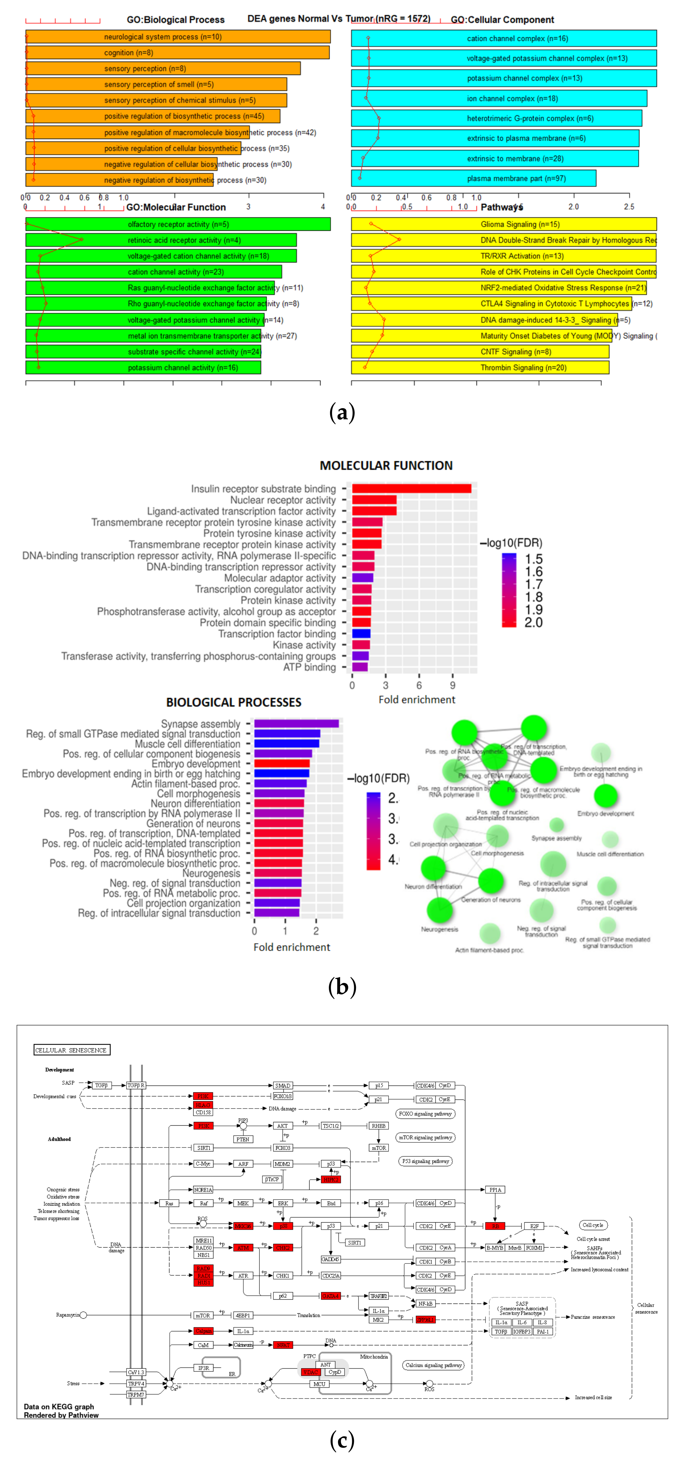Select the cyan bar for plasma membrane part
click(x=473, y=179)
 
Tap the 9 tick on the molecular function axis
click(x=452, y=685)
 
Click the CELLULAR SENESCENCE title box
click(x=71, y=1050)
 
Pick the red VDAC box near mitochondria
click(x=310, y=1372)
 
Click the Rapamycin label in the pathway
click(x=67, y=1315)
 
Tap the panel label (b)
click(x=342, y=987)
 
